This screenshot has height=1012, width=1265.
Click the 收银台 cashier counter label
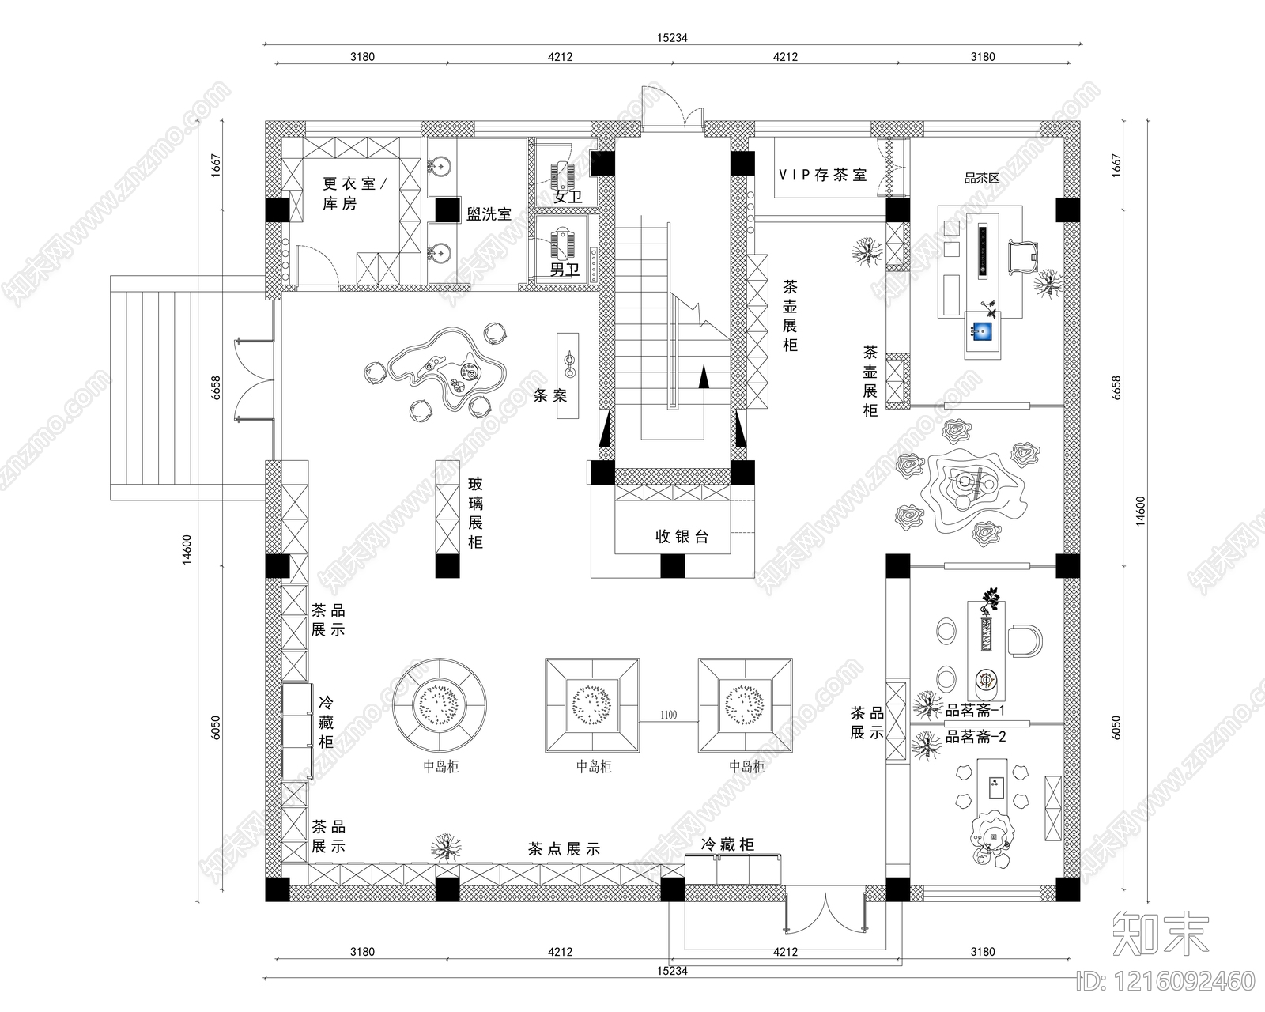(682, 536)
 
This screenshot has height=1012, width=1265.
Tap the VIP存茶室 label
(822, 175)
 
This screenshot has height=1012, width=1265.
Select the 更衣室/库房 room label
(354, 194)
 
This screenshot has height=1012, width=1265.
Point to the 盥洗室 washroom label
(489, 214)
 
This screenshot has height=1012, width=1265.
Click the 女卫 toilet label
(567, 196)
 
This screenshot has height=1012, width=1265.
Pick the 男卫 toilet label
(565, 270)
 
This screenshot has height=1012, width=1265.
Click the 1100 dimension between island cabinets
(668, 715)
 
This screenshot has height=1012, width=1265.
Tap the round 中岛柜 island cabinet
(440, 704)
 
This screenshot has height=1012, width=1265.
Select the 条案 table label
(550, 395)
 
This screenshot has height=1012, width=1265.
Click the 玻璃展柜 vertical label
(475, 513)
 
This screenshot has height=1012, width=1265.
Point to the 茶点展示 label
(564, 848)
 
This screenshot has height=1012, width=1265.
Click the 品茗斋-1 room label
(975, 710)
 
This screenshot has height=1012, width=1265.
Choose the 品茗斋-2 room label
(975, 736)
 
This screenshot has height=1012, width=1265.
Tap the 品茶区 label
(982, 178)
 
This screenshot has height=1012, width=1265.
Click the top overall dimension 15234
(672, 38)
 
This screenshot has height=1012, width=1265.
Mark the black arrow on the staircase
(704, 376)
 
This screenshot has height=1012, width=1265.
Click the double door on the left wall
(255, 379)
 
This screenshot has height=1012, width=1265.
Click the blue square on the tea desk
(982, 331)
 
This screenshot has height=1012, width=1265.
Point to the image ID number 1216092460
(1165, 980)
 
